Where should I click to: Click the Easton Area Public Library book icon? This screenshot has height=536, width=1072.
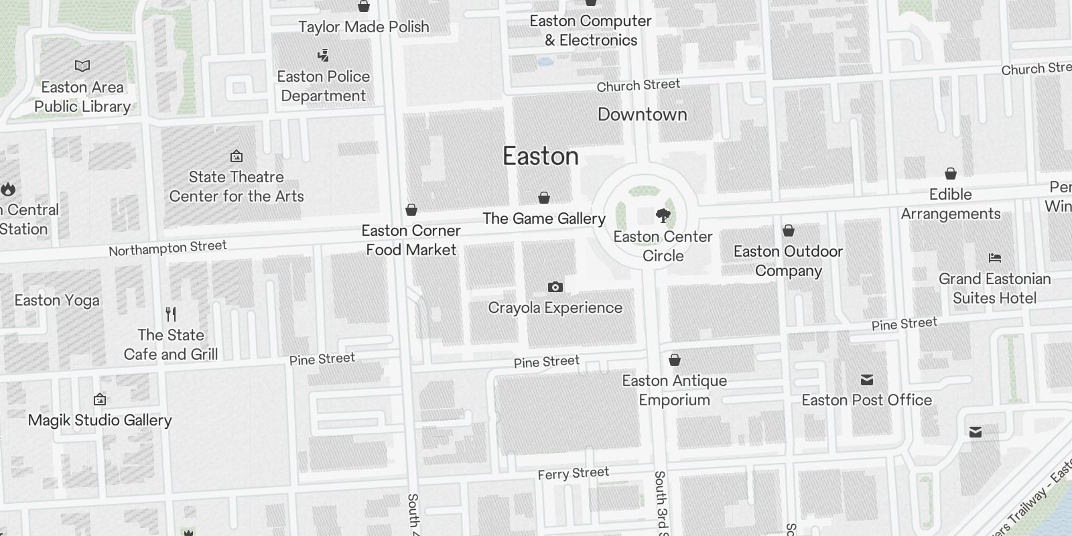[82, 66]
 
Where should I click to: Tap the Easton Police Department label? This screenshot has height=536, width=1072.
[324, 86]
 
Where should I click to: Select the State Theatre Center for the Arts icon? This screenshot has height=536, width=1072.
[237, 157]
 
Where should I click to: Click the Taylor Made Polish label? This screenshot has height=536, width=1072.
[364, 27]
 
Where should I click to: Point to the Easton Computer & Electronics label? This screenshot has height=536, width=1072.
[590, 30]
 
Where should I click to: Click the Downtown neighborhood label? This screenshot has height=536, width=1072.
[642, 115]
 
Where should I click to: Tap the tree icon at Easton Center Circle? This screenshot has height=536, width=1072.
[663, 216]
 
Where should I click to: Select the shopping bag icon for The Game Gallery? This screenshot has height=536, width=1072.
[544, 198]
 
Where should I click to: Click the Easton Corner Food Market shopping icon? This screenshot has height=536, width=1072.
[411, 210]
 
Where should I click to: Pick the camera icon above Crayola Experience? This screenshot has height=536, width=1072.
[555, 287]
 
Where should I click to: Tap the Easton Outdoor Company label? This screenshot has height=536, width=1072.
[788, 261]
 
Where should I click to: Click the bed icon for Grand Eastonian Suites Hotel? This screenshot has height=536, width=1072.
[994, 258]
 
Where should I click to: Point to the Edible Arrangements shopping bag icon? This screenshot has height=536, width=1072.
[950, 174]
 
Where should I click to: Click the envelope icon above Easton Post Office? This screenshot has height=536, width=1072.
[867, 380]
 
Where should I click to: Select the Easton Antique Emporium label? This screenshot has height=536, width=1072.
[674, 390]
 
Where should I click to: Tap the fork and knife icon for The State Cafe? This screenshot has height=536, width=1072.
[171, 314]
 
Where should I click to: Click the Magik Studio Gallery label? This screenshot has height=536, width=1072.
[100, 420]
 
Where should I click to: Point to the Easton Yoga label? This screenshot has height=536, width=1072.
[57, 300]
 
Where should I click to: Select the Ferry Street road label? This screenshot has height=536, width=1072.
[573, 474]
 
